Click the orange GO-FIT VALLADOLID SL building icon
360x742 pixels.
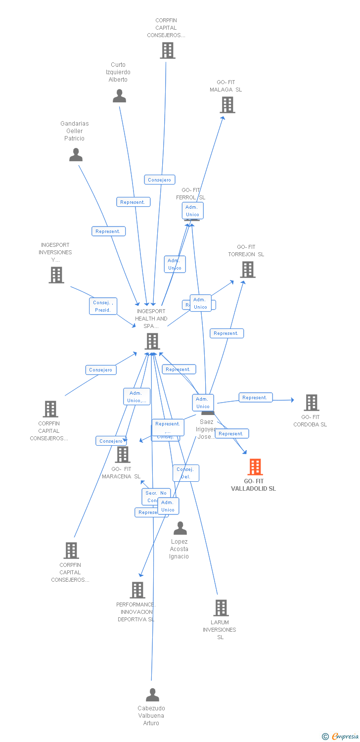click(255, 466)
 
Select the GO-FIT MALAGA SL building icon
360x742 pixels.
click(227, 105)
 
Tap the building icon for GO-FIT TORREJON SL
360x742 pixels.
click(248, 270)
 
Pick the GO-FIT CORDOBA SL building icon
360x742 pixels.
click(312, 403)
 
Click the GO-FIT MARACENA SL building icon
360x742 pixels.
click(122, 455)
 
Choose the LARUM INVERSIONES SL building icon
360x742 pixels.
click(221, 608)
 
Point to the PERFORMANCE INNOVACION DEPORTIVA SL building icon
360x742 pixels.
click(137, 590)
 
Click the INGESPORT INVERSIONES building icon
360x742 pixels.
click(56, 275)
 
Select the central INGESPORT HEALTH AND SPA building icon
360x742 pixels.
click(152, 341)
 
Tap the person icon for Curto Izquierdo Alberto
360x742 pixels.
click(119, 96)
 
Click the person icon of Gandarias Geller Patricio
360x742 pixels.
click(76, 155)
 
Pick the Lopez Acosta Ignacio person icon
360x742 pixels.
click(180, 529)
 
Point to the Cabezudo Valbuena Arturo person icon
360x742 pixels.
click(152, 695)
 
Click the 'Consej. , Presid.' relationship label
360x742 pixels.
click(103, 306)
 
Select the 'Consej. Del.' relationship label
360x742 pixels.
click(185, 473)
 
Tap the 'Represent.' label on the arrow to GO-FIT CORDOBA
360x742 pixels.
click(255, 397)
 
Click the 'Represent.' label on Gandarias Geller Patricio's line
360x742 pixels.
click(108, 231)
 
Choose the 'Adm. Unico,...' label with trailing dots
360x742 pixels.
click(136, 397)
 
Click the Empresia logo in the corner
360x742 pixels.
click(341, 737)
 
